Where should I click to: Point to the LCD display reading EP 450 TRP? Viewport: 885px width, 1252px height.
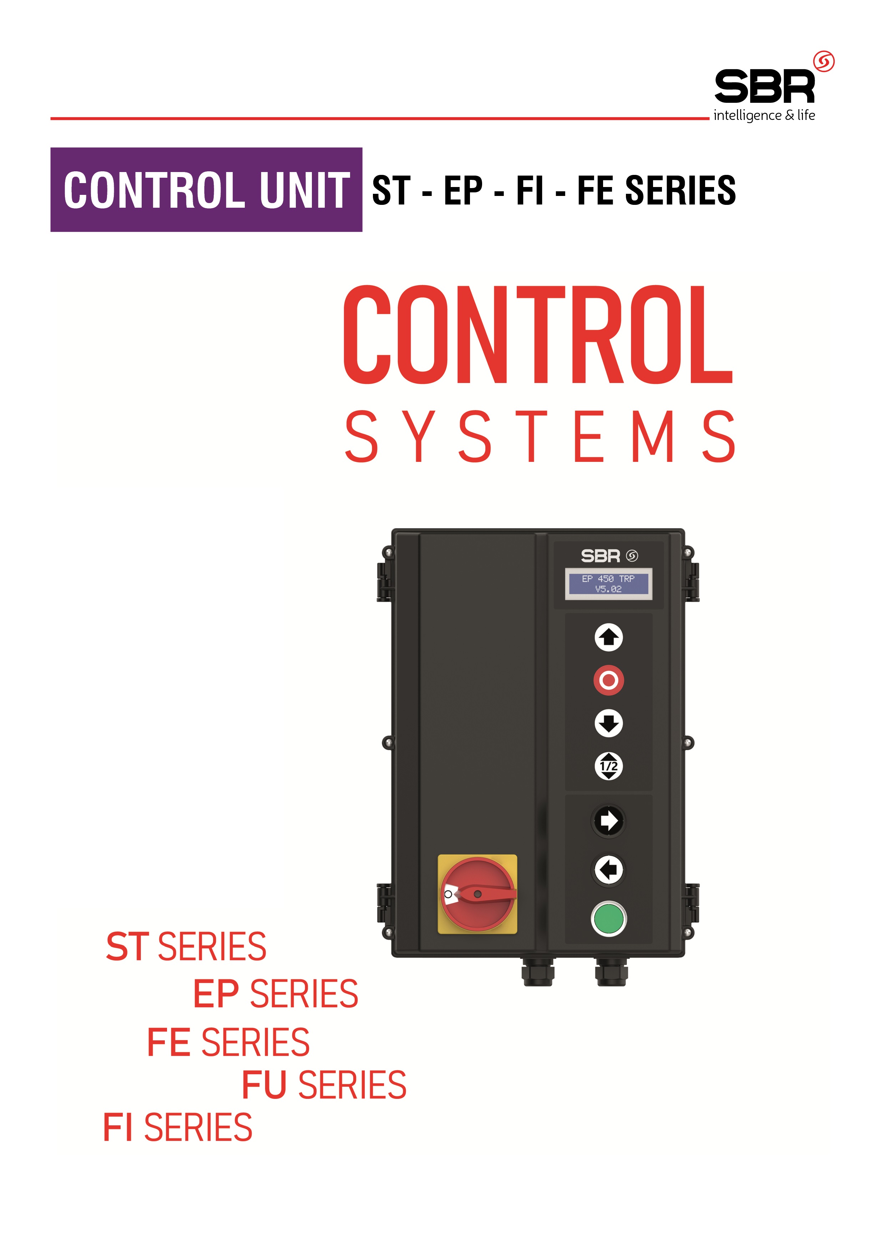coord(608,584)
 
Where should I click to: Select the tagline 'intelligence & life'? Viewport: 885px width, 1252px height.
coord(764,116)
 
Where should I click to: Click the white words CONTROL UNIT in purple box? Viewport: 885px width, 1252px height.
coord(207,190)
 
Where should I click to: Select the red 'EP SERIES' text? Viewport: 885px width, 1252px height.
coord(276,994)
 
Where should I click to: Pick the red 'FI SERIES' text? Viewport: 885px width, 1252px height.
coord(178,1128)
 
